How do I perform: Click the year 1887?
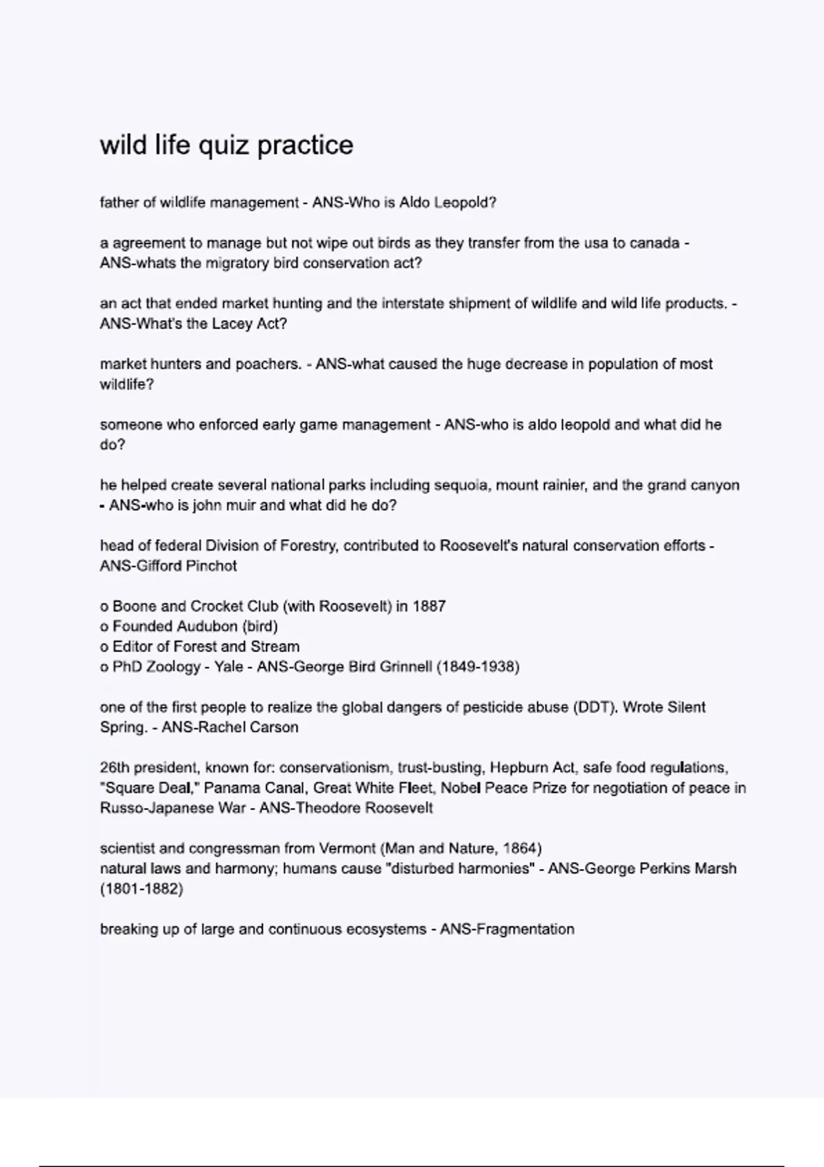429,606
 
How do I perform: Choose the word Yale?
228,667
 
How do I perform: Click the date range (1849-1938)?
478,667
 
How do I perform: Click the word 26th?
114,767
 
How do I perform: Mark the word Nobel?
461,788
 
